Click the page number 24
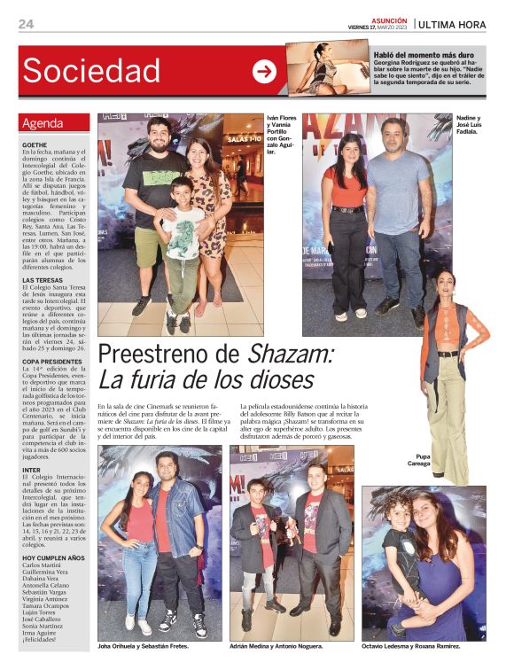point(26,24)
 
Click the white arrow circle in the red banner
point(264,72)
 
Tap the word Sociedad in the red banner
point(91,71)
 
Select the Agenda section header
point(43,123)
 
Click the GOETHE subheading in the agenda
point(35,144)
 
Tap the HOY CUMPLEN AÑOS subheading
point(53,557)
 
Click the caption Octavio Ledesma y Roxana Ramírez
point(423,647)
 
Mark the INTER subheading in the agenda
point(32,469)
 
